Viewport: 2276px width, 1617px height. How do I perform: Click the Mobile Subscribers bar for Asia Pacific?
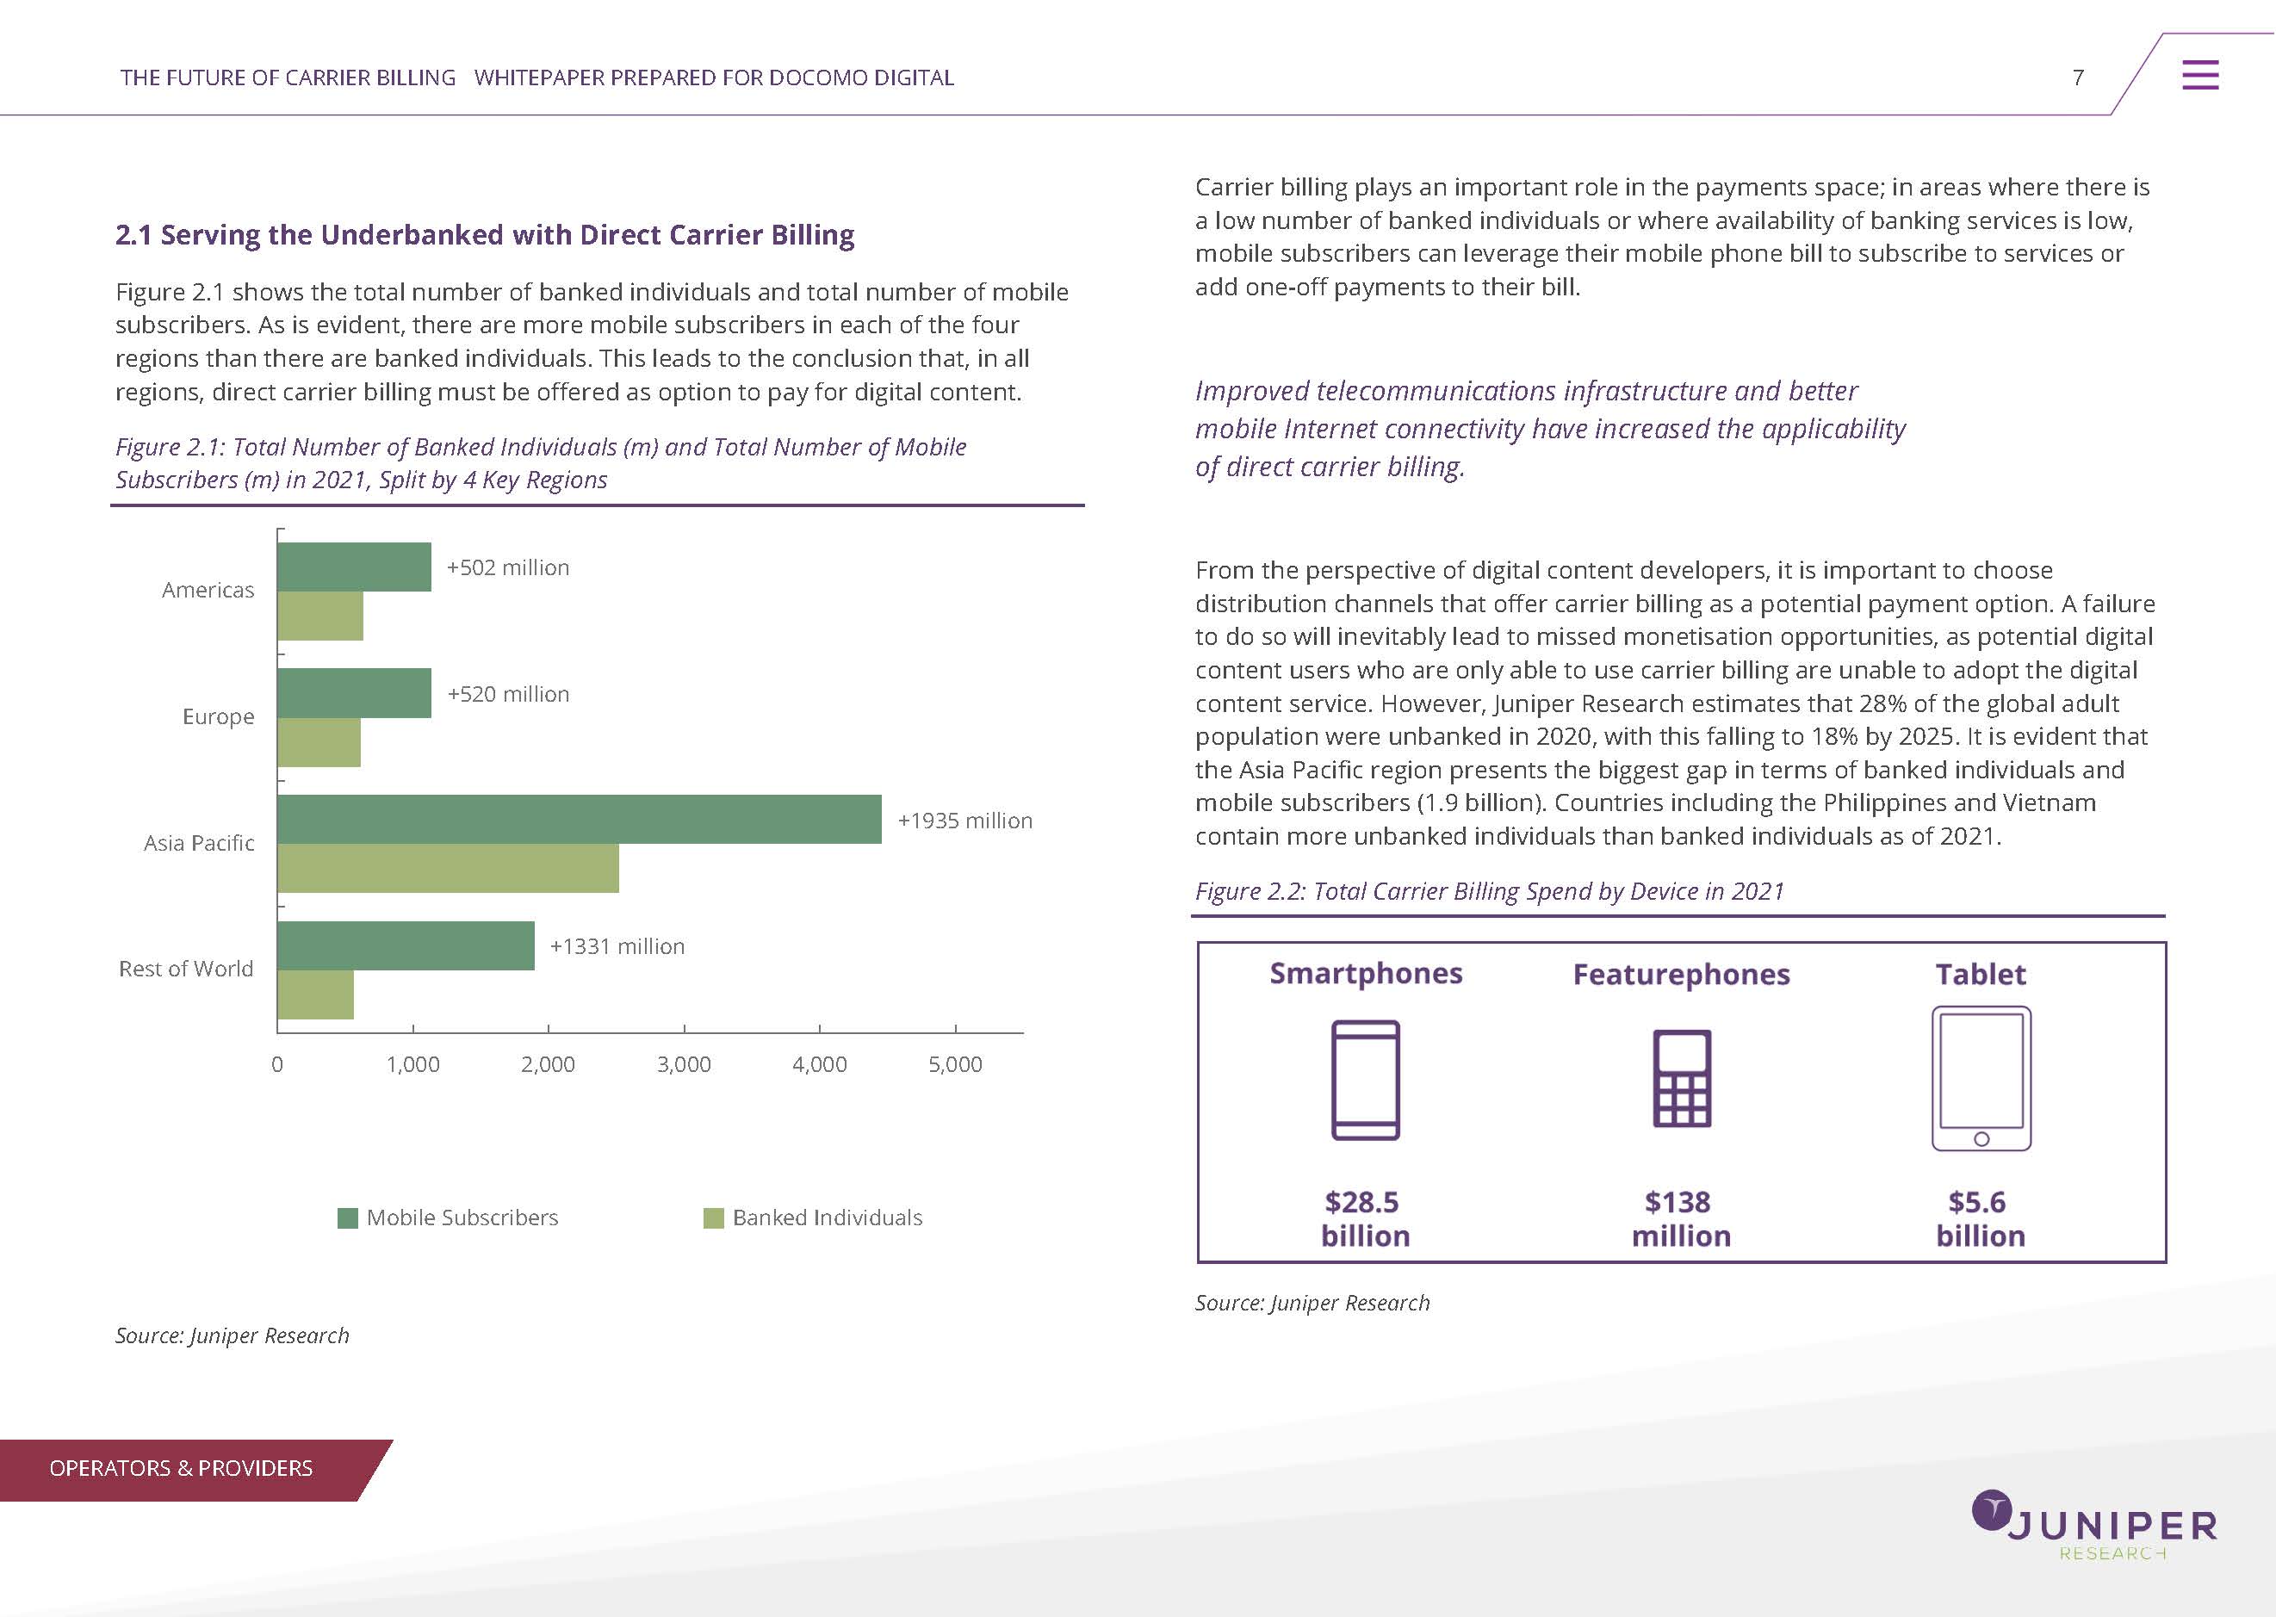tap(580, 819)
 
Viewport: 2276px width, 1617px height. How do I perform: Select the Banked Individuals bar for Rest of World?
tap(316, 994)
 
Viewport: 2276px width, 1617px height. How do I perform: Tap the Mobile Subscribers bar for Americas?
tap(355, 567)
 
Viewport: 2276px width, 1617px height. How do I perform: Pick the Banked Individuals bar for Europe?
tap(319, 742)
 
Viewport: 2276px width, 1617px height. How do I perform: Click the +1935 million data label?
tap(964, 821)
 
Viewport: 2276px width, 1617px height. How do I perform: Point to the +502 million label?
tap(508, 567)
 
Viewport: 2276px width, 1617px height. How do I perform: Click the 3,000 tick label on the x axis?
tap(684, 1064)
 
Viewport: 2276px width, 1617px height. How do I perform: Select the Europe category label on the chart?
tap(218, 717)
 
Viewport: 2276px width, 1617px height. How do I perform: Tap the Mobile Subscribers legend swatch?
tap(348, 1217)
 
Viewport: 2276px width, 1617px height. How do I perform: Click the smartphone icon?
tap(1365, 1080)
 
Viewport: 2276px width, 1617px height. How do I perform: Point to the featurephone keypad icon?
tap(1682, 1078)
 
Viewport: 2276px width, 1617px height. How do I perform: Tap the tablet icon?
tap(1981, 1078)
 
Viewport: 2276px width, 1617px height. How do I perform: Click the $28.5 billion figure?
tap(1364, 1218)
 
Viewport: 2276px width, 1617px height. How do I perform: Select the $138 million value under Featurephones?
tap(1681, 1218)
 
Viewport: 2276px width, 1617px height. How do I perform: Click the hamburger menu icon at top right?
tap(2199, 75)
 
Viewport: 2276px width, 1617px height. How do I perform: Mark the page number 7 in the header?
tap(2078, 77)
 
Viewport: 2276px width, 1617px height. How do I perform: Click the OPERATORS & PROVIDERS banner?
tap(181, 1469)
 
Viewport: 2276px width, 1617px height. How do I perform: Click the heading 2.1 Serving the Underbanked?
tap(485, 235)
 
